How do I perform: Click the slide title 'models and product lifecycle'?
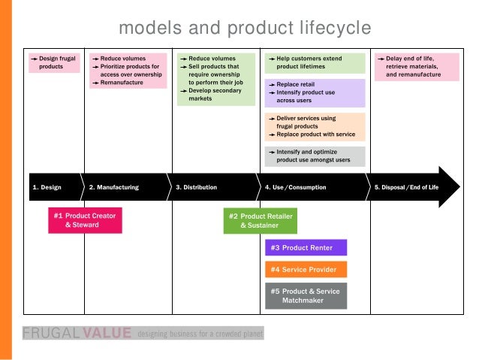tap(245, 29)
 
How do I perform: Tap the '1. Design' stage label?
tap(47, 187)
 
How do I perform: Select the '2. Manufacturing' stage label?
tap(113, 187)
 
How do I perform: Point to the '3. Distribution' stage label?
tap(196, 187)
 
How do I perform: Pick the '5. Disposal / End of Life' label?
tap(405, 187)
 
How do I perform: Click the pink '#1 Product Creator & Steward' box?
tap(84, 220)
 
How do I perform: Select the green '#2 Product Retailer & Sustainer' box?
tap(261, 220)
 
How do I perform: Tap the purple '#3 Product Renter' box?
tap(306, 248)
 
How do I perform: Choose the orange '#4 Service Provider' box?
tap(306, 269)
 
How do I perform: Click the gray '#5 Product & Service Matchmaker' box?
tap(306, 295)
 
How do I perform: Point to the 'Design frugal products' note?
tap(54, 62)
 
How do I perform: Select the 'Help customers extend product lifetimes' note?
tap(315, 62)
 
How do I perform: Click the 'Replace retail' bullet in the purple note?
tap(298, 85)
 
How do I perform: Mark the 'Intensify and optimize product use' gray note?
tap(315, 156)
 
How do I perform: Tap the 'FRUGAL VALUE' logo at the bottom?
tap(77, 332)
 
